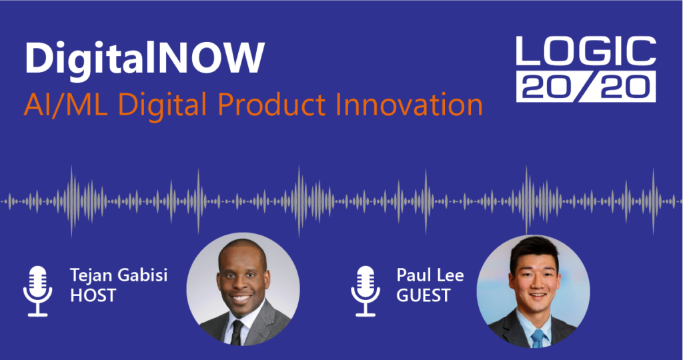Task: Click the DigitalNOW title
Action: (145, 59)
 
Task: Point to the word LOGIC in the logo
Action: (586, 51)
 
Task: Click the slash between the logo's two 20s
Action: (586, 87)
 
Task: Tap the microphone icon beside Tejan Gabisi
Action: (38, 291)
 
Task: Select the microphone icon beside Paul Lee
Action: (366, 291)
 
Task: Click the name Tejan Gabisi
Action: (119, 275)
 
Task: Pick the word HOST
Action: (93, 295)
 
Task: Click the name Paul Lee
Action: (430, 275)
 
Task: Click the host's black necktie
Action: (237, 333)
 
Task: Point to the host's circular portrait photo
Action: (243, 289)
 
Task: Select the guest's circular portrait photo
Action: (533, 291)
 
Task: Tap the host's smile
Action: (241, 299)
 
